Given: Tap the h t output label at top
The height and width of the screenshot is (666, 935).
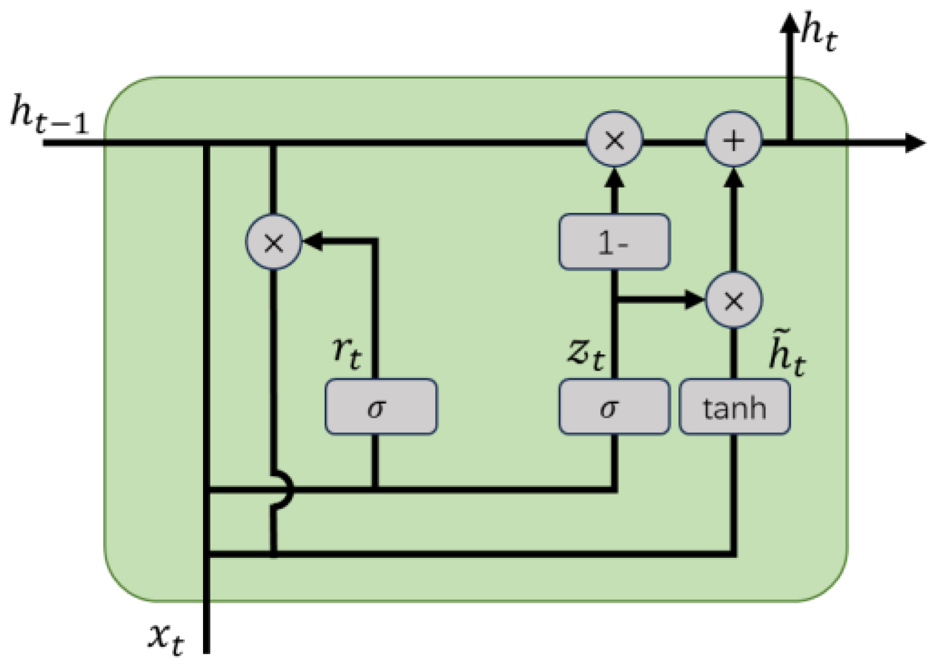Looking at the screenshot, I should coord(819,33).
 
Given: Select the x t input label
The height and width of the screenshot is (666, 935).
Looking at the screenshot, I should coord(166,638).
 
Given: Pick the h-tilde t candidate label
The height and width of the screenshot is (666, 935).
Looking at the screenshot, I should coord(786,354).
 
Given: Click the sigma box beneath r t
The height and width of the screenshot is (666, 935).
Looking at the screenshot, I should coord(381,407).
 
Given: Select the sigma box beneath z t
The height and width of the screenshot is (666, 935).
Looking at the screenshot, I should coord(614,407).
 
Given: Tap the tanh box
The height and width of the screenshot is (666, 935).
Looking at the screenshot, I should coord(734,407).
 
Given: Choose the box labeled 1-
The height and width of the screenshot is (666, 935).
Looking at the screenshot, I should coord(614,242).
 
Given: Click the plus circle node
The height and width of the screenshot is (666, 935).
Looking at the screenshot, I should coord(734,140).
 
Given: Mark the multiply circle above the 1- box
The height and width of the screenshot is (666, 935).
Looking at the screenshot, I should coord(615,140).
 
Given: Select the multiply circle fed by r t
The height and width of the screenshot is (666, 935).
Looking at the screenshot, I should coord(273,242).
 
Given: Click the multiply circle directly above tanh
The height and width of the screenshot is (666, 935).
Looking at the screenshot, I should coord(734,300).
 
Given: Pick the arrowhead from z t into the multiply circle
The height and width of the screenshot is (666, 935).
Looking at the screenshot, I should coord(694,299).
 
